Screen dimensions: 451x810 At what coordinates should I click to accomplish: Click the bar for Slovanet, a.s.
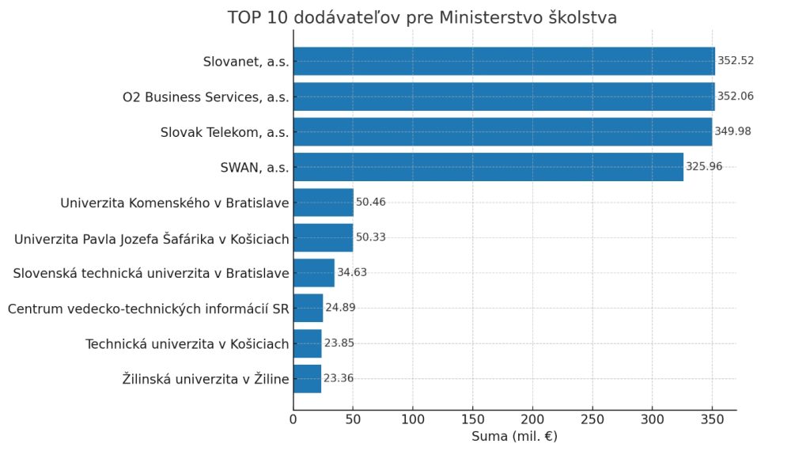pos(504,61)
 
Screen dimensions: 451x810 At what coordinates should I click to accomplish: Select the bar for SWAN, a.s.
pos(488,167)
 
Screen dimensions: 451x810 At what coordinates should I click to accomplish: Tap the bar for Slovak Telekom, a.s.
pos(502,131)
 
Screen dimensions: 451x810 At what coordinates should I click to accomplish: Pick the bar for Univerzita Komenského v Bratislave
pos(324,203)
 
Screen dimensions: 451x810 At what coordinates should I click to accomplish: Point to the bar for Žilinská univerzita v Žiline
pos(308,379)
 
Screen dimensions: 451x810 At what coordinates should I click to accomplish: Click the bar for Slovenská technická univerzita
pos(314,273)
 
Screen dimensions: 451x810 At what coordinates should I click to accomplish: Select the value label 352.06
pos(736,97)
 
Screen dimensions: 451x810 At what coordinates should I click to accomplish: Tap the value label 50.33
pos(371,237)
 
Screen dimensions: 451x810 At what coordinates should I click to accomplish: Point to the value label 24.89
pos(340,308)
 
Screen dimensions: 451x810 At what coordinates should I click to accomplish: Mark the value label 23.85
pos(339,343)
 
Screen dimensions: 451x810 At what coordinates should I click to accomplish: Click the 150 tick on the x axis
pos(473,419)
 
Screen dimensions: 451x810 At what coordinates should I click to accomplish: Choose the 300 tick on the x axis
pos(652,419)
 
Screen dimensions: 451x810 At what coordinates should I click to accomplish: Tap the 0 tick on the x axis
pos(293,419)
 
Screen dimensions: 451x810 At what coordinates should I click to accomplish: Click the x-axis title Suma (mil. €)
pos(514,437)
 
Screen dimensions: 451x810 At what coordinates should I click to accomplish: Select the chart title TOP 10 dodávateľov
pos(422,17)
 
